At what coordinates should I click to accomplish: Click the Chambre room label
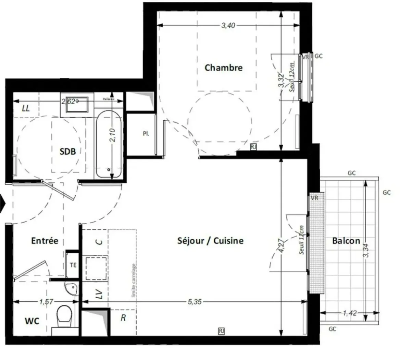click(223, 68)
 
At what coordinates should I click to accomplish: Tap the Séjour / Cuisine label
click(210, 241)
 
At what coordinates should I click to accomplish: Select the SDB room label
click(67, 151)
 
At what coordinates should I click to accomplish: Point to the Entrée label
click(45, 241)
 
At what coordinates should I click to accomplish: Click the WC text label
click(32, 321)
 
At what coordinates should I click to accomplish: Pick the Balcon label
click(346, 241)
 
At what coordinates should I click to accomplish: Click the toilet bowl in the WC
click(64, 316)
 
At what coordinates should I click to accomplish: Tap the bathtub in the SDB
click(108, 144)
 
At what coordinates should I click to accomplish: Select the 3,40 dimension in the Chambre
click(228, 26)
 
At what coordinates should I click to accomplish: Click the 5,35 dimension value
click(195, 302)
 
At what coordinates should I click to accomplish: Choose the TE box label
click(73, 265)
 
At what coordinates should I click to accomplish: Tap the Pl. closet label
click(146, 134)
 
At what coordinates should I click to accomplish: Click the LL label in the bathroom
click(26, 108)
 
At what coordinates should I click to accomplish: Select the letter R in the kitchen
click(123, 318)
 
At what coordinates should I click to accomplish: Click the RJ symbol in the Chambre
click(253, 147)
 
